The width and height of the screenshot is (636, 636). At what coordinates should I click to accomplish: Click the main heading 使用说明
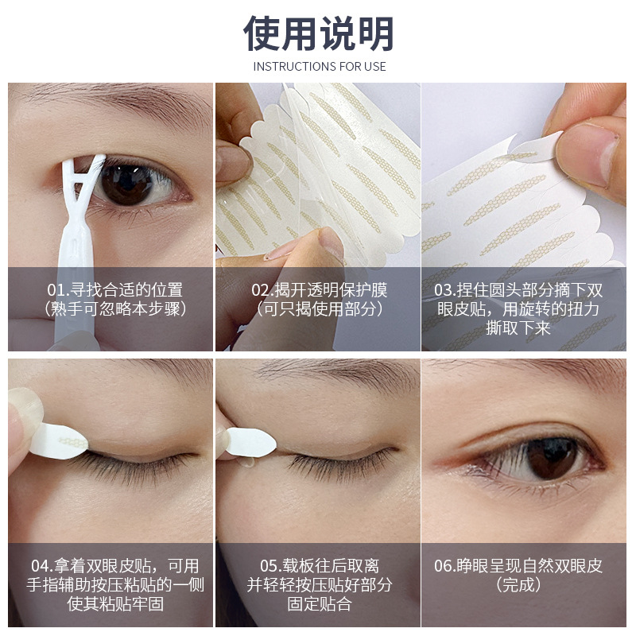(x=318, y=33)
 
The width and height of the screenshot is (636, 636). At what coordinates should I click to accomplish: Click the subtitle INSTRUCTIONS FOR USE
(x=319, y=67)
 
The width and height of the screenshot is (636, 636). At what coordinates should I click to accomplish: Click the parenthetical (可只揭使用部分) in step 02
(x=318, y=309)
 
